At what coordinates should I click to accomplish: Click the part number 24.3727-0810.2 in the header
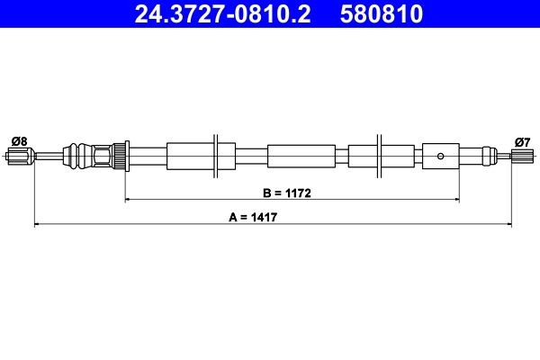pos(225,13)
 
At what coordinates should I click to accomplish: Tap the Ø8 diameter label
pos(18,139)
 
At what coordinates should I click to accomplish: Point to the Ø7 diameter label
pos(522,139)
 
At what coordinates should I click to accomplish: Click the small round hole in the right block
pos(440,155)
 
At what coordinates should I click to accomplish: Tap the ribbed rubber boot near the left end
pos(82,155)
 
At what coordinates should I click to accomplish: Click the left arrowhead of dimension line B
pos(127,198)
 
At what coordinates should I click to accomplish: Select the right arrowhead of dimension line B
pos(456,198)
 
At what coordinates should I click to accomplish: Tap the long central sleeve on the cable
pos(301,155)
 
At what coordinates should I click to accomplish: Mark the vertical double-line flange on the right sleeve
pos(381,155)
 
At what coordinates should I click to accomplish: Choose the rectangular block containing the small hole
pos(440,155)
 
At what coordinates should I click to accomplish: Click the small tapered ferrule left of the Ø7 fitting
pos(490,155)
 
